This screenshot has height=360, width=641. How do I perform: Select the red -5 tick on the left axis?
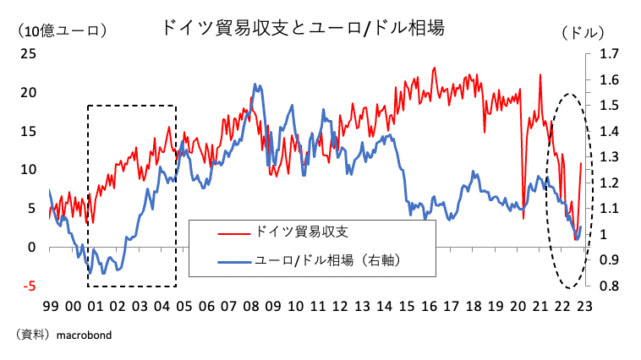[30, 286]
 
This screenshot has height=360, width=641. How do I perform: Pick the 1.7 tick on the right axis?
[609, 54]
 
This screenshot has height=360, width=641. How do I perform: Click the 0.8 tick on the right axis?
[609, 286]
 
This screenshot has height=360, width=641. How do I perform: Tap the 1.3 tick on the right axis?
[609, 157]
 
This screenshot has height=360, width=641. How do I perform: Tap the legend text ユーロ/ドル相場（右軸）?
[326, 261]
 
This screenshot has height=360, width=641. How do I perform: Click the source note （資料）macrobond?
[63, 335]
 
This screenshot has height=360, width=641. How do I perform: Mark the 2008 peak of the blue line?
[255, 85]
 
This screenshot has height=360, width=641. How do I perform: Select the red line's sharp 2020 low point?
[523, 218]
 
